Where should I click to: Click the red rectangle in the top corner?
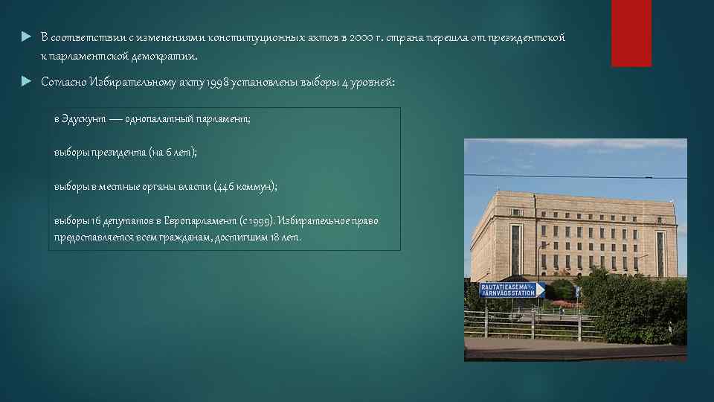pyautogui.click(x=631, y=33)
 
